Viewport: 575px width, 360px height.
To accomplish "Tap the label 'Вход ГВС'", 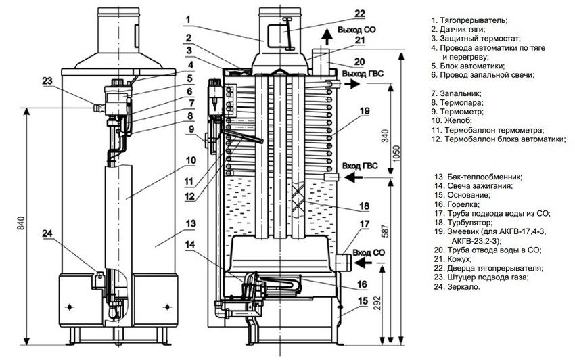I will pyautogui.click(x=359, y=165).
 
